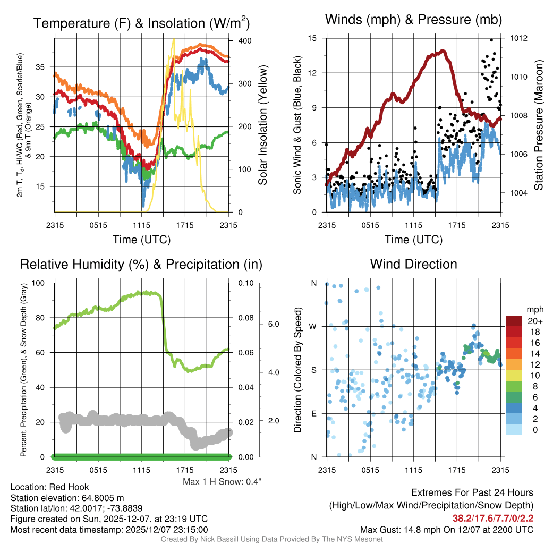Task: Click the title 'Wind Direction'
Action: (x=413, y=264)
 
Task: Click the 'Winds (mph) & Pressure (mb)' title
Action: (x=413, y=20)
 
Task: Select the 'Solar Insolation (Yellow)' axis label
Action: (x=262, y=125)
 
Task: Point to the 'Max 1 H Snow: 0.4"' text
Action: (x=222, y=481)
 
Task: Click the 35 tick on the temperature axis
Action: (x=45, y=67)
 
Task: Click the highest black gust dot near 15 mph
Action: (x=491, y=40)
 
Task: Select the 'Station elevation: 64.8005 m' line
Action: (x=67, y=498)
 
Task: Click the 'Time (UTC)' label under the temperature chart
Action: (x=142, y=240)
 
